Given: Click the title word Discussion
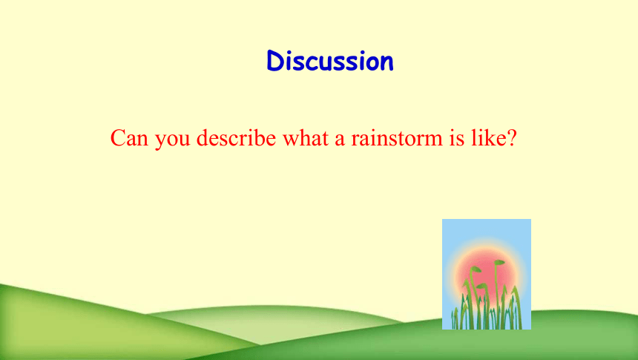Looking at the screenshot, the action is click(330, 61).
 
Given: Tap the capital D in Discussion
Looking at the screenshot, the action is click(275, 61).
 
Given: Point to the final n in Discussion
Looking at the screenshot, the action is click(386, 64).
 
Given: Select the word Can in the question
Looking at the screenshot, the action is click(129, 137).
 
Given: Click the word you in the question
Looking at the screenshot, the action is click(173, 140).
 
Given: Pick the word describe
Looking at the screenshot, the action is click(236, 137).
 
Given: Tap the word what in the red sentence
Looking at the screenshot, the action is click(306, 137).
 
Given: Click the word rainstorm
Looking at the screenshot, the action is click(397, 137).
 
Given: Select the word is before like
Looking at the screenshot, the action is click(456, 137).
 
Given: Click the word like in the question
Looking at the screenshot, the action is click(487, 137).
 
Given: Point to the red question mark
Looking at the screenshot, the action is click(512, 137).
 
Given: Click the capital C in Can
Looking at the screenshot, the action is click(117, 137).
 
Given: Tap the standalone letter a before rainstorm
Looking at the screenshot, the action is click(340, 140).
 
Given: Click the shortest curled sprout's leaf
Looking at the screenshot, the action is click(481, 286).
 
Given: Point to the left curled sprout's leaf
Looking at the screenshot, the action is click(476, 269).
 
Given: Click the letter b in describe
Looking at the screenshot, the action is click(258, 137).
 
